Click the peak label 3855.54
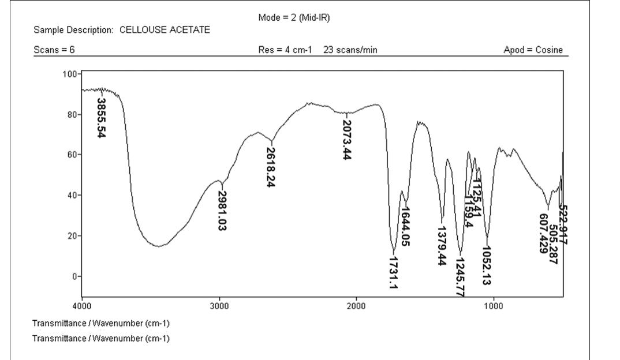[102, 118]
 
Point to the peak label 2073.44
[346, 140]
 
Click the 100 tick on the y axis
[70, 74]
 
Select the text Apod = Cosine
[533, 50]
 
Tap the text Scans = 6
[54, 50]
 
